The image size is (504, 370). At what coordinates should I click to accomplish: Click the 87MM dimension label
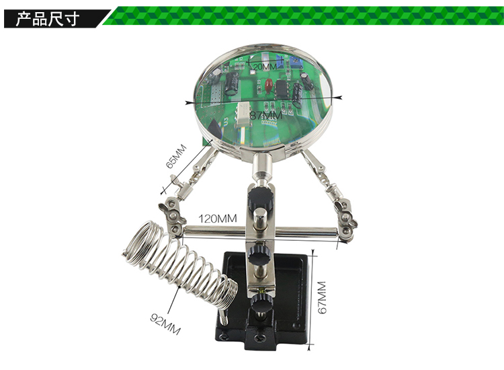tap(266, 115)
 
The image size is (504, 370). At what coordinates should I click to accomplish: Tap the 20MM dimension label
tap(265, 67)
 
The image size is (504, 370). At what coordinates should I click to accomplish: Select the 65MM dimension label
tap(176, 156)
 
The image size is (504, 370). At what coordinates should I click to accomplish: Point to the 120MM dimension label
tap(218, 219)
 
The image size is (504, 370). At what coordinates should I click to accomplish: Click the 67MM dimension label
tap(322, 297)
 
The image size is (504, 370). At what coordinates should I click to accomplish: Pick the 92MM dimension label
tap(165, 324)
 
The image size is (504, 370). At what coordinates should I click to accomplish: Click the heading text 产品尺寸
tap(47, 19)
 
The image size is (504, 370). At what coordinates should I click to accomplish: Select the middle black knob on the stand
tap(259, 254)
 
